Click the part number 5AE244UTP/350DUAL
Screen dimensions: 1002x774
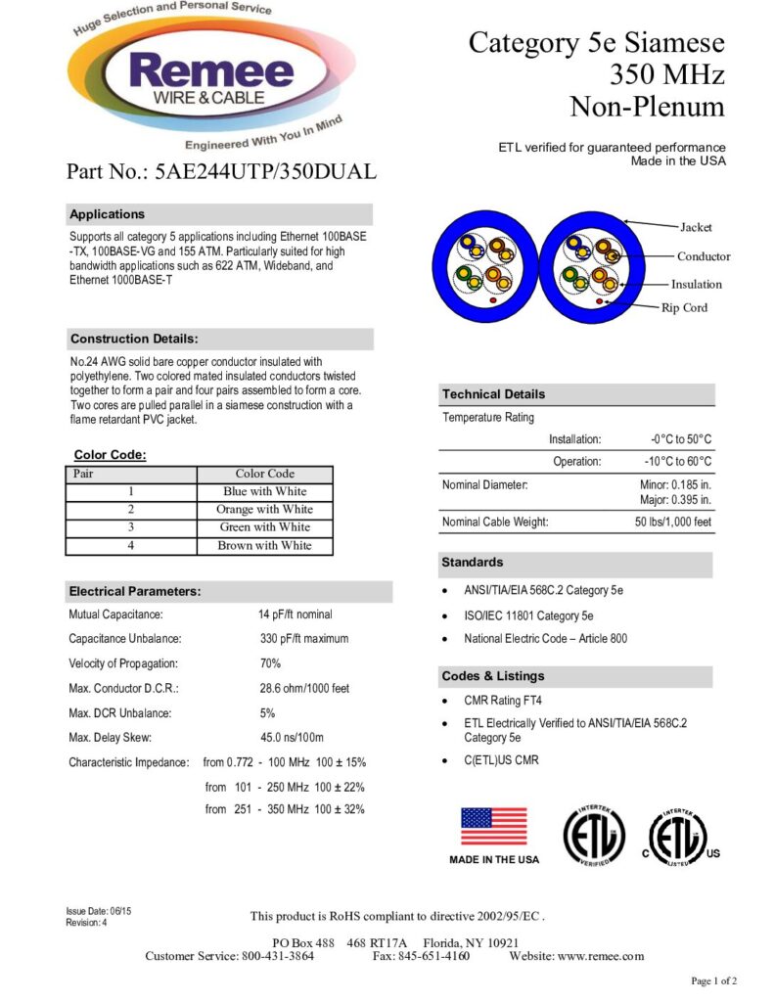tap(265, 172)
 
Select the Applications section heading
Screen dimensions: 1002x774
tap(108, 214)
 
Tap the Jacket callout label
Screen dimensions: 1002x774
tap(697, 227)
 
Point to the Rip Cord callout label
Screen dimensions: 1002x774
tap(685, 307)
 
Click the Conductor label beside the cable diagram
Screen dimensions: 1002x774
tap(704, 256)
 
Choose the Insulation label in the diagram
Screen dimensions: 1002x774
tap(697, 284)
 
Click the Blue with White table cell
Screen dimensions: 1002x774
tap(264, 491)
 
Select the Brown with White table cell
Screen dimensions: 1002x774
tap(264, 545)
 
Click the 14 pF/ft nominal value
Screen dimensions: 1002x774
tap(296, 615)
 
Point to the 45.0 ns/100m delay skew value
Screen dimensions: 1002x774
tap(292, 737)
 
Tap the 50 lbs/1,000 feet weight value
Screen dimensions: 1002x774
tap(673, 522)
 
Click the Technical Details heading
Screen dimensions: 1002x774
tap(494, 394)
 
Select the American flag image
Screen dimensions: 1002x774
tap(494, 827)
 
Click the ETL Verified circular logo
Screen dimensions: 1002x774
tap(593, 836)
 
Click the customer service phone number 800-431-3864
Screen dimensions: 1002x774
tap(278, 956)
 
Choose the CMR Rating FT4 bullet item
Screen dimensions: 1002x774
tap(503, 701)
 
